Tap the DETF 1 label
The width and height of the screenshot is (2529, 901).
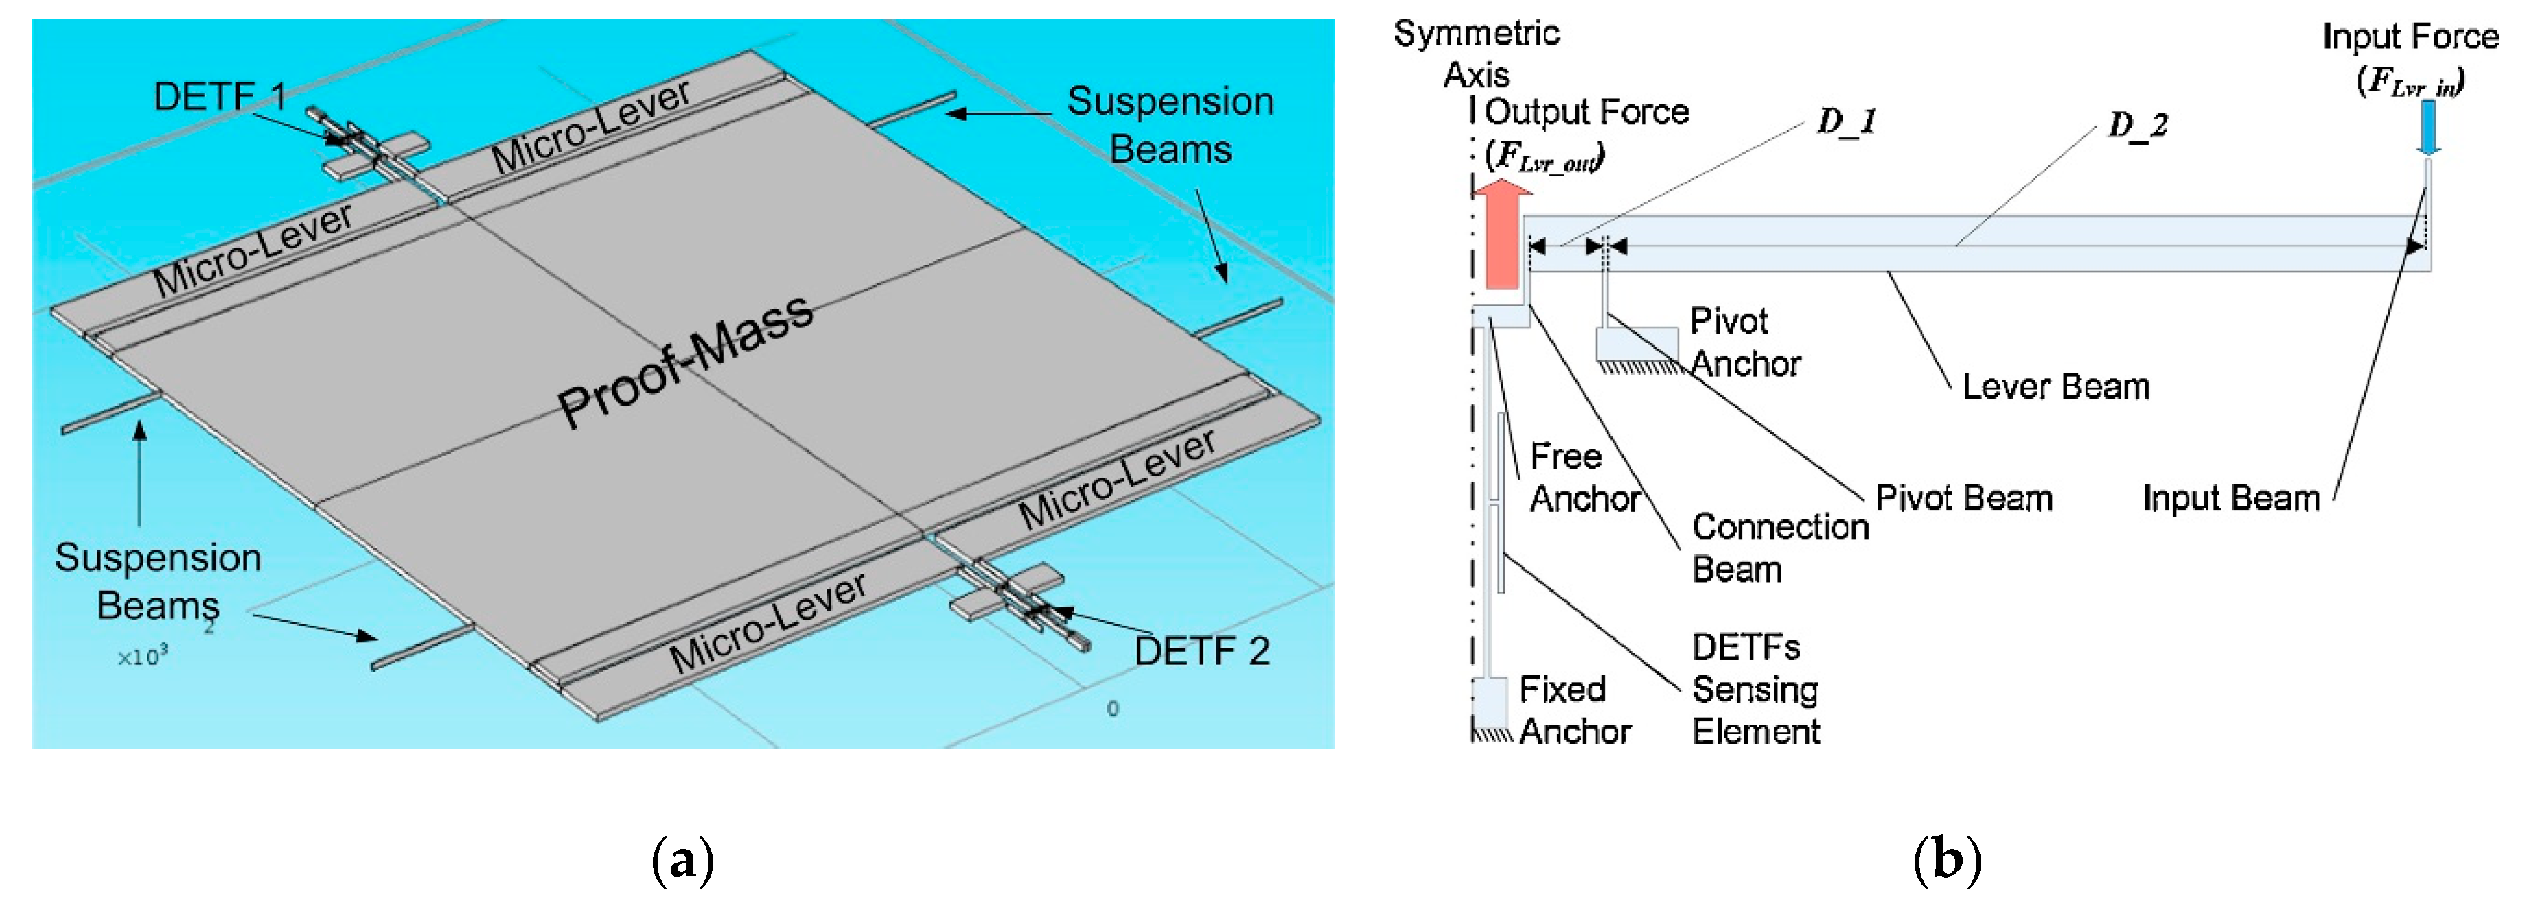(x=219, y=96)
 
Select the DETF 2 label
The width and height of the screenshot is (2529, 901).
(x=1201, y=651)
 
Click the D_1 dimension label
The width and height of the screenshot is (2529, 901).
(x=1847, y=121)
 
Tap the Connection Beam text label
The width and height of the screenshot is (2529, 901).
(x=1779, y=548)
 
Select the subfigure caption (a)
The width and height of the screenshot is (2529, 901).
(x=682, y=860)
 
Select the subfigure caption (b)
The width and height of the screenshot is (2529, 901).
(x=1947, y=860)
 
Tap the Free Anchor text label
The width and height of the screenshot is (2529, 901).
(x=1582, y=477)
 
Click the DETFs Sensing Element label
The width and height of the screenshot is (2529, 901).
(x=1755, y=689)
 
